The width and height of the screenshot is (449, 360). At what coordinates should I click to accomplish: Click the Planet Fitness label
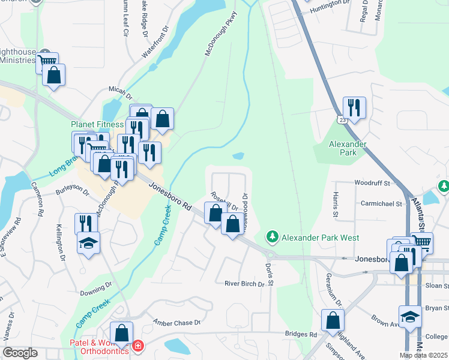pyautogui.click(x=97, y=124)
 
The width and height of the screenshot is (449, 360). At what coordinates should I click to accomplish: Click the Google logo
pyautogui.click(x=20, y=352)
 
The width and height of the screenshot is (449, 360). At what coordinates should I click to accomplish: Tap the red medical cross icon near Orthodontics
pyautogui.click(x=138, y=346)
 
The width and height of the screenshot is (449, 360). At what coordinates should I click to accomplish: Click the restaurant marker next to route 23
pyautogui.click(x=354, y=107)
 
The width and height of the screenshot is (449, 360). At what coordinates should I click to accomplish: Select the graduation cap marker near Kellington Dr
pyautogui.click(x=89, y=242)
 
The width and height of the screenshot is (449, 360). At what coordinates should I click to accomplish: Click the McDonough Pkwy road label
pyautogui.click(x=217, y=37)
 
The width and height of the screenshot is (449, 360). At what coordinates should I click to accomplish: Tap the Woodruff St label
pyautogui.click(x=372, y=182)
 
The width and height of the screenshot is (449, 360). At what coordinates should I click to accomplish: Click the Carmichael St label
pyautogui.click(x=381, y=204)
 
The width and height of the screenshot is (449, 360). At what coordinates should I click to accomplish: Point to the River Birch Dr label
pyautogui.click(x=244, y=284)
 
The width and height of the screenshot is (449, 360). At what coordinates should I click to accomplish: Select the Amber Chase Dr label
pyautogui.click(x=176, y=323)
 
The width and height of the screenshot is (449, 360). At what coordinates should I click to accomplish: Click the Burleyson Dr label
pyautogui.click(x=72, y=193)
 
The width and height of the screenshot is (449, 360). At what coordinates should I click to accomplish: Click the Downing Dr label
pyautogui.click(x=92, y=293)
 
